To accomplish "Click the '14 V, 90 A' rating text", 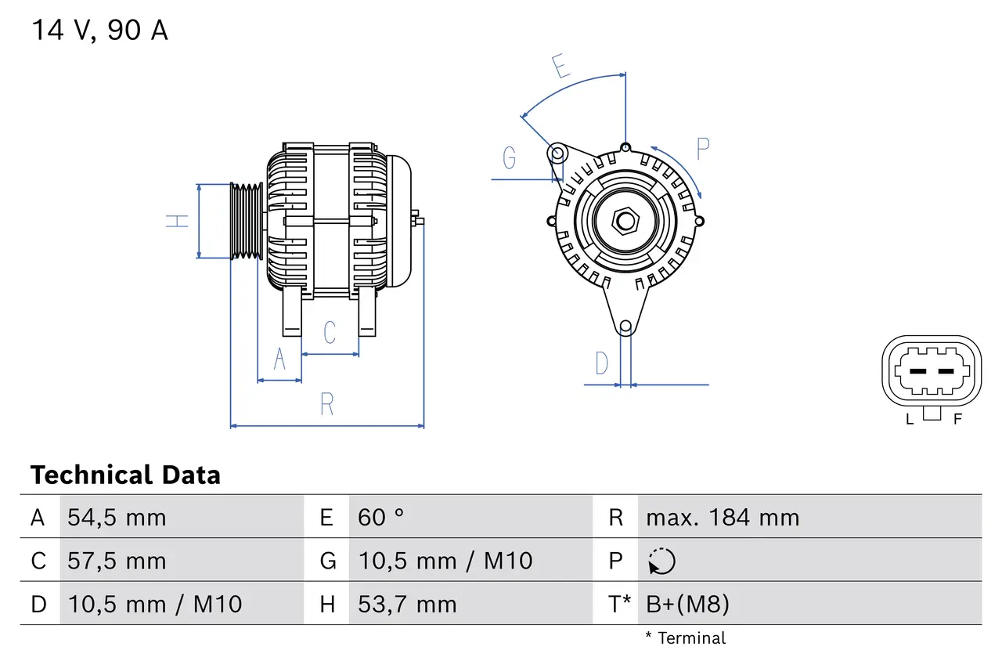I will coord(99,31).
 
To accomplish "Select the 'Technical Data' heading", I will coord(125,475).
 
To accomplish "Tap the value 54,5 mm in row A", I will coord(117,518).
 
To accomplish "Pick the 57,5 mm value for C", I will coord(117,561).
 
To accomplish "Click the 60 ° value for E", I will coord(381,518).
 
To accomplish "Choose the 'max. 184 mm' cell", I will coord(722,518).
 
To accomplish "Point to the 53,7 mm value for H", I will coord(407,604).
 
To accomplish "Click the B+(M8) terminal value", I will coord(687,604).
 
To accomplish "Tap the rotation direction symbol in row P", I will coord(661,561).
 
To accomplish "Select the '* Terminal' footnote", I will coord(686,638).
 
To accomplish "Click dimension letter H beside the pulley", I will coord(178,221).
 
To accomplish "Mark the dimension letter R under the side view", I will coord(327,404).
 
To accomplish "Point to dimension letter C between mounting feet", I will coord(330,332).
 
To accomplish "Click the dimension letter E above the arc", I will coord(560,67).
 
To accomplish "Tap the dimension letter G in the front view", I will coord(510,158).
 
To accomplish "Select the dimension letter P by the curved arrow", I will coord(703,148).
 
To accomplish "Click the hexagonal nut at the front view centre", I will coord(625,220).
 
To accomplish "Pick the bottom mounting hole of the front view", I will coord(625,327).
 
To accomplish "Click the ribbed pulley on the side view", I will coord(246,221).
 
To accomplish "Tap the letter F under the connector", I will coord(957,419).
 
